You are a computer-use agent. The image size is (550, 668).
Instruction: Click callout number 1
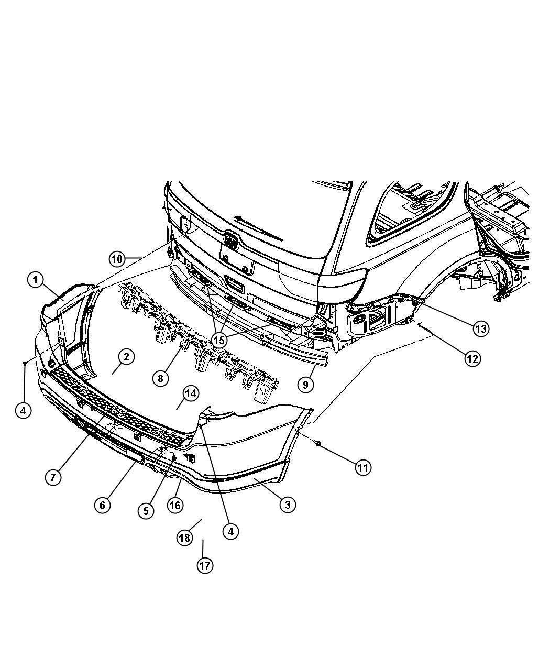pyautogui.click(x=35, y=280)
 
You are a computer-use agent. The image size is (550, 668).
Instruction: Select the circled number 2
pyautogui.click(x=126, y=357)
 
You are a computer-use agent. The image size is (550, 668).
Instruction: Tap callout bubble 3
pyautogui.click(x=287, y=505)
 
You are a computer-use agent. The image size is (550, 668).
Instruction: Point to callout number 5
pyautogui.click(x=146, y=510)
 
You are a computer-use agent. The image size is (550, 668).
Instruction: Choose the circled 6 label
pyautogui.click(x=103, y=505)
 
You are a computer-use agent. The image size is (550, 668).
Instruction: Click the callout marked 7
pyautogui.click(x=53, y=477)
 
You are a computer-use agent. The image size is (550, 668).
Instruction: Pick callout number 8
pyautogui.click(x=161, y=378)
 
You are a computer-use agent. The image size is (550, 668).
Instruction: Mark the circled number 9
pyautogui.click(x=305, y=385)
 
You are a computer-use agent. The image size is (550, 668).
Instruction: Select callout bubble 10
pyautogui.click(x=118, y=259)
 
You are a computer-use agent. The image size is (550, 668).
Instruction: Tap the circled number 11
pyautogui.click(x=362, y=467)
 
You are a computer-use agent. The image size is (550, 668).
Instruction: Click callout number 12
pyautogui.click(x=472, y=358)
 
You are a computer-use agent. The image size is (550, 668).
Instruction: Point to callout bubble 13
pyautogui.click(x=480, y=328)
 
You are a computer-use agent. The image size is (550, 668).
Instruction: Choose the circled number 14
pyautogui.click(x=190, y=393)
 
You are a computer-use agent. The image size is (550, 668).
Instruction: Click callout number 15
pyautogui.click(x=219, y=340)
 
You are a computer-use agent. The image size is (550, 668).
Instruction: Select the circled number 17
pyautogui.click(x=205, y=565)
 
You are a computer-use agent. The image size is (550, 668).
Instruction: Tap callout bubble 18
pyautogui.click(x=184, y=538)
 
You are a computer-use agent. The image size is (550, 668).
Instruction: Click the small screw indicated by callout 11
pyautogui.click(x=318, y=444)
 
